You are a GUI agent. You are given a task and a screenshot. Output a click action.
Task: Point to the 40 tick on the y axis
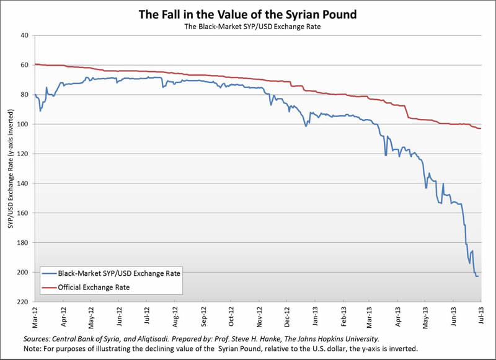point(25,35)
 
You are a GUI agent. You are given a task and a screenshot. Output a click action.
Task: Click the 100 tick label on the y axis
point(24,124)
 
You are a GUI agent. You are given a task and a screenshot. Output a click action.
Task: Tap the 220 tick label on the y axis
point(24,302)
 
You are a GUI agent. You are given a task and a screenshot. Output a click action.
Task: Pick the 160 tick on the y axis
point(24,213)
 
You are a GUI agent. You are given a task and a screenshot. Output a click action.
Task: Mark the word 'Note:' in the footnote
point(33,349)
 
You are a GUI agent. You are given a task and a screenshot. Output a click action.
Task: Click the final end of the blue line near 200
point(478,276)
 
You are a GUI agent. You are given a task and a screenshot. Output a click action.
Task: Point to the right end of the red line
point(481,128)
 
